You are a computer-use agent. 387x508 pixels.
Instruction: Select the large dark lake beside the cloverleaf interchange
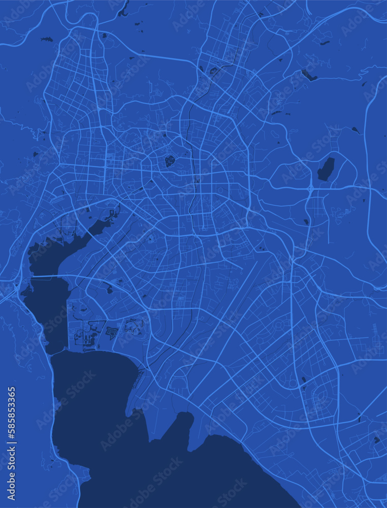point(326,169)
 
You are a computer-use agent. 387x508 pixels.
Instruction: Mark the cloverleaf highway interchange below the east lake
point(310,189)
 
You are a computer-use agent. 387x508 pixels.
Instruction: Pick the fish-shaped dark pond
point(47,39)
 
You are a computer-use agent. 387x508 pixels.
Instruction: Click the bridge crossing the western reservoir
point(46,277)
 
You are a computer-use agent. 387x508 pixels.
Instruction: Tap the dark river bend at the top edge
point(123,9)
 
